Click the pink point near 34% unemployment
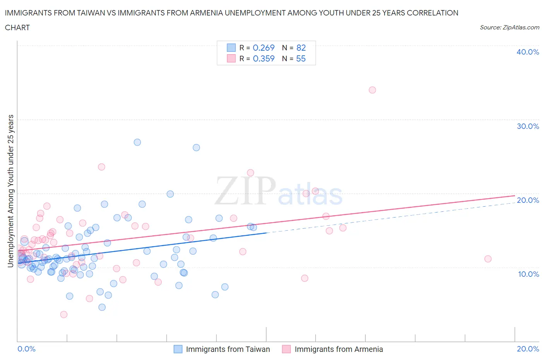point(372,90)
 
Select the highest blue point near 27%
point(137,142)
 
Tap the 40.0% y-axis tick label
point(528,52)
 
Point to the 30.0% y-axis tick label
point(528,126)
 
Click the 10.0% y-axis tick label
point(528,274)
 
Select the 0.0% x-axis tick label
point(26,349)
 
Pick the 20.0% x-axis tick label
point(528,349)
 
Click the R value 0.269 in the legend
point(263,48)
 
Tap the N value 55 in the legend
point(301,58)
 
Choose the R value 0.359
point(263,58)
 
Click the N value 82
point(301,48)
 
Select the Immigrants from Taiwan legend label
point(228,349)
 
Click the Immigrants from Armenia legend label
point(339,349)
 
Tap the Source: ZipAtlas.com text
point(509,27)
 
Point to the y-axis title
point(10,191)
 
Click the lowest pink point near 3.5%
point(64,314)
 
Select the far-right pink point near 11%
point(488,259)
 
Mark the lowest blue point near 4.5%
point(102,307)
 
